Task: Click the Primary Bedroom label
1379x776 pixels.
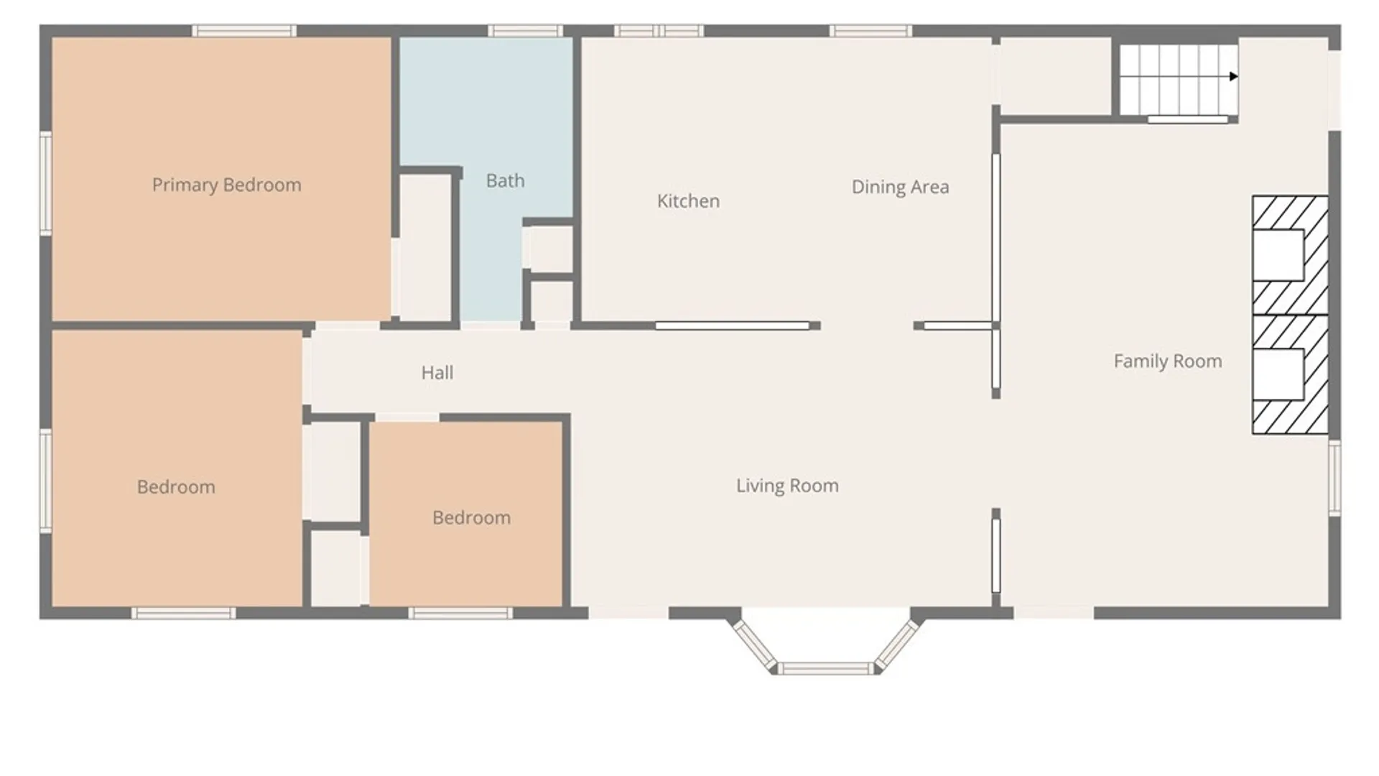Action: coord(226,185)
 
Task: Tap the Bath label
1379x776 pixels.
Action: coord(505,181)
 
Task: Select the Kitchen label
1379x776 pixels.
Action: coord(688,201)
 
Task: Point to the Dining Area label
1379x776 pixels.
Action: coord(900,188)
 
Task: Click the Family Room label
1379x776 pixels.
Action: coord(1168,361)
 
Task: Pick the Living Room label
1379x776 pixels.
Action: coord(787,486)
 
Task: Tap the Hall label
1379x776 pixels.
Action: coord(437,373)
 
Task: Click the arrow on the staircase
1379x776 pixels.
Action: coord(1233,76)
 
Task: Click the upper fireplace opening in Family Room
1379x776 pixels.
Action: coord(1278,255)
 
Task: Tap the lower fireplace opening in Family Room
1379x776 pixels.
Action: coord(1278,374)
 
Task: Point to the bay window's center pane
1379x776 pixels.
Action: coord(826,669)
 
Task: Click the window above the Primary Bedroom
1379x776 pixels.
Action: coord(244,31)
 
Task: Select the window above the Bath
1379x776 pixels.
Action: coord(526,31)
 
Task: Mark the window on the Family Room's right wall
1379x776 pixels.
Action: coord(1334,477)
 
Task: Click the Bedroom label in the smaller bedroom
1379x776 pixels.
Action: coord(471,518)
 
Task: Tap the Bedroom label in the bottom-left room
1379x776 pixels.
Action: coord(176,487)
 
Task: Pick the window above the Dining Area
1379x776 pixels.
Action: coord(870,31)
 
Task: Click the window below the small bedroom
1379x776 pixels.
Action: coord(460,613)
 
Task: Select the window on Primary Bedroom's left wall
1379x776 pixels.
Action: coord(45,183)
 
